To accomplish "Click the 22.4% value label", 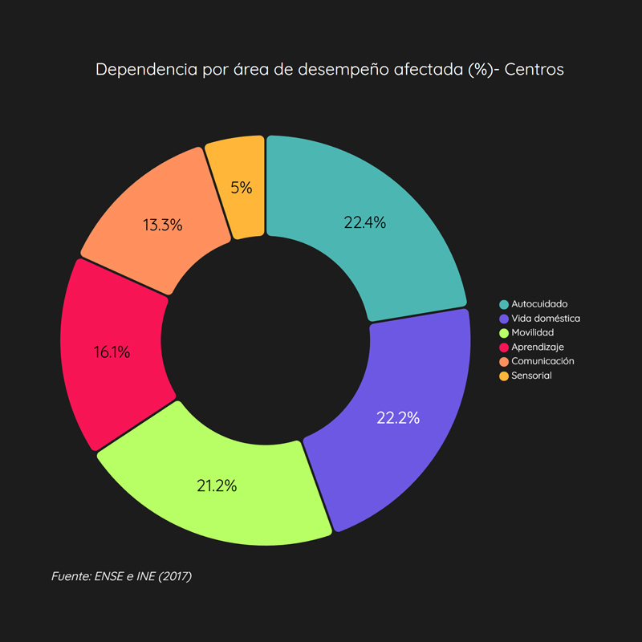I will [365, 223].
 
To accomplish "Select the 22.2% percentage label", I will [398, 417].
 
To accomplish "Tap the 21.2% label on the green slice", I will [217, 486].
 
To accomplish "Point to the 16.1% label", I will [111, 351].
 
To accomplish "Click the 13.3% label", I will [162, 226].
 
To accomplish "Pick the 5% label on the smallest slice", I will [242, 188].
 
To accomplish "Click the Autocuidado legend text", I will [539, 304].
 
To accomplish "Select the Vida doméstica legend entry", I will [546, 319].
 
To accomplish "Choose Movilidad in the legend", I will [532, 332].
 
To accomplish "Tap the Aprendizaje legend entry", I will [538, 347].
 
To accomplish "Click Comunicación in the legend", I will [542, 361].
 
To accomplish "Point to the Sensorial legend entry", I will [531, 376].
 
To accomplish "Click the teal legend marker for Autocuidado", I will [503, 304].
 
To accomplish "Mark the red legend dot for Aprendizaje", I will [503, 347].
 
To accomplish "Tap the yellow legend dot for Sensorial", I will [503, 376].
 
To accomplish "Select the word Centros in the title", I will [534, 69].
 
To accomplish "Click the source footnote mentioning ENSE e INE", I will [121, 576].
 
